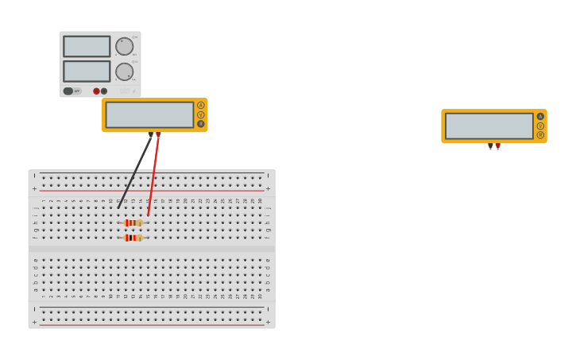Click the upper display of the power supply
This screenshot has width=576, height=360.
(x=87, y=46)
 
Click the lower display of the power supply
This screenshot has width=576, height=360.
(x=87, y=72)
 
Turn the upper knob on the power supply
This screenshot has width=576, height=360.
(x=124, y=46)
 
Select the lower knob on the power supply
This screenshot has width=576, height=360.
(x=124, y=72)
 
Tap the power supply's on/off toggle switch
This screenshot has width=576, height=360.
(x=69, y=91)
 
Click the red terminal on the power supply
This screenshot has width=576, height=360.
(x=96, y=91)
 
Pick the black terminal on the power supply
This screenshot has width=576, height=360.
(x=104, y=91)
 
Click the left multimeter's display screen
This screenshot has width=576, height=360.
(x=149, y=114)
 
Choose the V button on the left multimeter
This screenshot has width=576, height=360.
(x=200, y=114)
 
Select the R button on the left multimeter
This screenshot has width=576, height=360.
(x=200, y=123)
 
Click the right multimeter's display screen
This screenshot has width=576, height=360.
(x=489, y=126)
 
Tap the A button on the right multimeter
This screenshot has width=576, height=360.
(x=540, y=116)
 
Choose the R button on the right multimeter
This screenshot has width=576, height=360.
(x=540, y=135)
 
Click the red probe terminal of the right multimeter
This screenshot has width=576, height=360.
(x=498, y=145)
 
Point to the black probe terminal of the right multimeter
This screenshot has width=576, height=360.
(x=490, y=145)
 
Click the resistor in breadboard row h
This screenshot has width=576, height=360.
(x=133, y=223)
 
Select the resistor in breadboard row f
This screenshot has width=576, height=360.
(x=133, y=238)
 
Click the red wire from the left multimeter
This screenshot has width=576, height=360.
(x=153, y=175)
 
